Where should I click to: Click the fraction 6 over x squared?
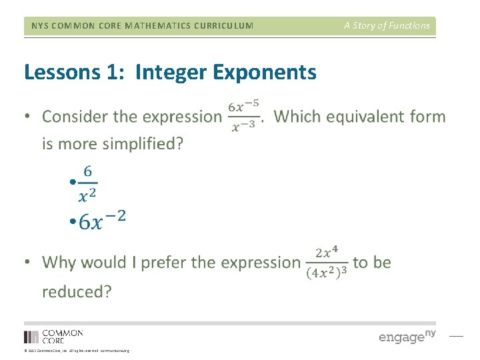pyautogui.click(x=87, y=183)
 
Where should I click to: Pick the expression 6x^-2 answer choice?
pyautogui.click(x=102, y=220)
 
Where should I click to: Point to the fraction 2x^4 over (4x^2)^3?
pyautogui.click(x=327, y=263)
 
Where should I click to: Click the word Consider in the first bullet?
pyautogui.click(x=75, y=117)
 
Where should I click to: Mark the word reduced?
pyautogui.click(x=77, y=291)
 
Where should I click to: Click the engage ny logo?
pyautogui.click(x=407, y=337)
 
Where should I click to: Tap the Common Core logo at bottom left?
pyautogui.click(x=53, y=337)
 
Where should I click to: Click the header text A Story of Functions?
pyautogui.click(x=387, y=26)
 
